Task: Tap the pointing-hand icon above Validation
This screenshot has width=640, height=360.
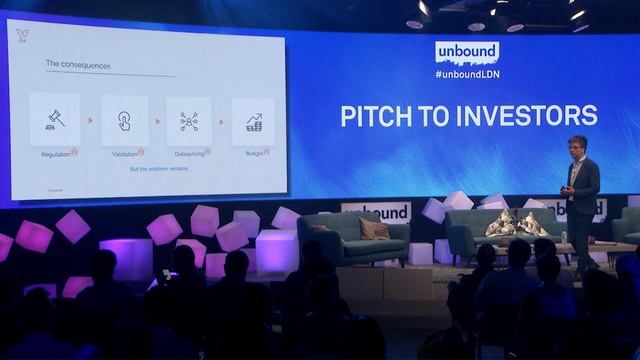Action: click(124, 121)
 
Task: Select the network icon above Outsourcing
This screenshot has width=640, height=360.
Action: click(189, 121)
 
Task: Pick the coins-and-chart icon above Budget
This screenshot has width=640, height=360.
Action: click(253, 121)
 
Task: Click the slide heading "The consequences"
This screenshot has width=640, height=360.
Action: click(78, 65)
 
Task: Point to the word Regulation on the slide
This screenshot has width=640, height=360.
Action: click(56, 154)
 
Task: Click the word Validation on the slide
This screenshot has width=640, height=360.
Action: click(123, 153)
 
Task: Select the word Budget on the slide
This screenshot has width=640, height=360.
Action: click(254, 153)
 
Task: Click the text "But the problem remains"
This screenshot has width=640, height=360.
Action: click(158, 169)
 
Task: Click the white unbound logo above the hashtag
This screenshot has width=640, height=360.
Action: click(466, 53)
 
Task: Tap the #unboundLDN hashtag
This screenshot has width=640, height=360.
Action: click(466, 75)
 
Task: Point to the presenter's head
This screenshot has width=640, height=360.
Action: click(577, 146)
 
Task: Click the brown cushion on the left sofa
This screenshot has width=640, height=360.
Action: click(374, 229)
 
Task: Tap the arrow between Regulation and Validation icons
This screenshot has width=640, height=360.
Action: click(91, 121)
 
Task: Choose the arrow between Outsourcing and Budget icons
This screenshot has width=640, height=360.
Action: click(222, 121)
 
